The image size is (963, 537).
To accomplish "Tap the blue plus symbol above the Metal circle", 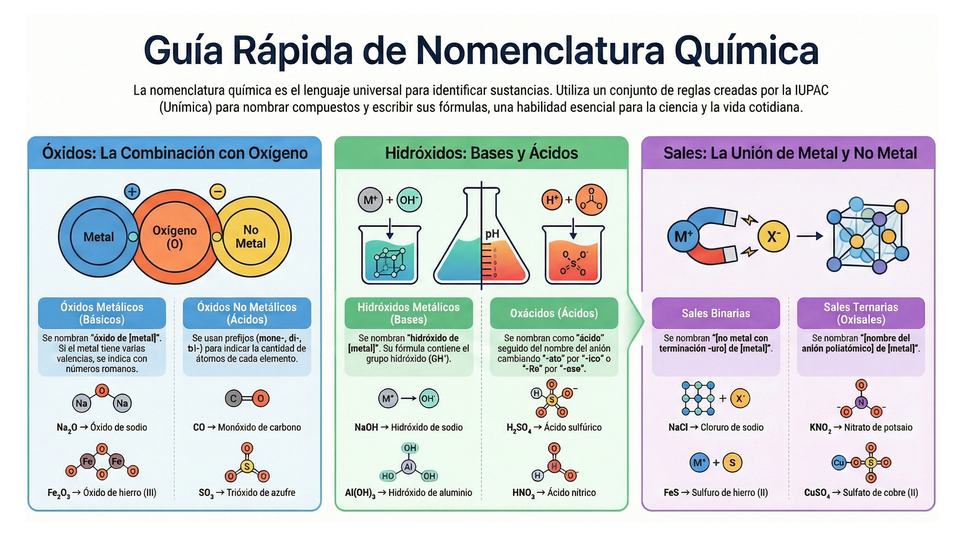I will (x=132, y=192).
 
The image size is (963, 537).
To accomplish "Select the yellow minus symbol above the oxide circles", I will (x=218, y=192).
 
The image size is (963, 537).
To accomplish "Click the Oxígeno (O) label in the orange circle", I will (x=175, y=237).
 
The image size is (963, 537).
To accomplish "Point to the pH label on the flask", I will (x=492, y=234).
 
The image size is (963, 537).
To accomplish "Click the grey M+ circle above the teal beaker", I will (x=370, y=200).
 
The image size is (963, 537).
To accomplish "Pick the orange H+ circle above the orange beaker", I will (x=552, y=200).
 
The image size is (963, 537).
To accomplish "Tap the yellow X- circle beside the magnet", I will (x=773, y=236).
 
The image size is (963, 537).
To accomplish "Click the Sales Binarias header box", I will (x=716, y=313).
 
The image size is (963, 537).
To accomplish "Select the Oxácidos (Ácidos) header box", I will (x=554, y=313).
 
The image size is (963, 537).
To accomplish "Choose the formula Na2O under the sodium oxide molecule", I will (x=67, y=428).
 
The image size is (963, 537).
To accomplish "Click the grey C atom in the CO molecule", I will (x=233, y=399).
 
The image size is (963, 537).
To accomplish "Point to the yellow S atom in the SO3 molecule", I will (x=247, y=466).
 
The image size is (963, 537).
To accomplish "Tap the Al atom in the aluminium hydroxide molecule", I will (x=408, y=466).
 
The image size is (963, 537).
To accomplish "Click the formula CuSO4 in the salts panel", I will (x=817, y=493).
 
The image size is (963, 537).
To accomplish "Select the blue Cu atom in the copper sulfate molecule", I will (x=838, y=463).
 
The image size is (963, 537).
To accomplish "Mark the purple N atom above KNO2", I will (x=861, y=402).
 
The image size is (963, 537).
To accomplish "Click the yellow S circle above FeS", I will (x=732, y=463).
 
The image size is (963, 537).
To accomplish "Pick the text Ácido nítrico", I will (x=571, y=493).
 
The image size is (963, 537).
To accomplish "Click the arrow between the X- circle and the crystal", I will (x=810, y=236).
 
